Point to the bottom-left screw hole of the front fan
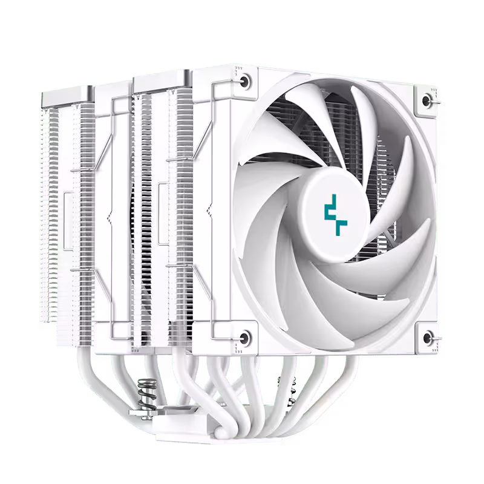click(244, 336)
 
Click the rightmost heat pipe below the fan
click(357, 387)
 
